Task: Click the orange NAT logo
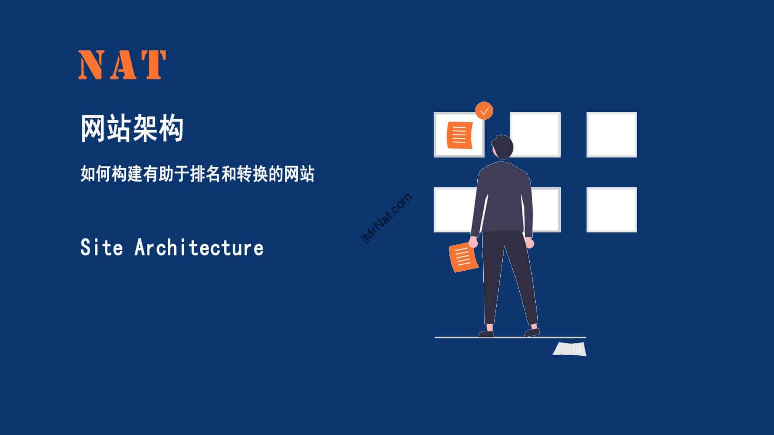pyautogui.click(x=122, y=64)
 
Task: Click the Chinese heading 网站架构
pyautogui.click(x=132, y=128)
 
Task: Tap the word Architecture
pyautogui.click(x=199, y=247)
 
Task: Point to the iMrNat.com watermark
pyautogui.click(x=386, y=219)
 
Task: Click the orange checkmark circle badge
pyautogui.click(x=484, y=111)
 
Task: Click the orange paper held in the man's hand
pyautogui.click(x=464, y=257)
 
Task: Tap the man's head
pyautogui.click(x=502, y=147)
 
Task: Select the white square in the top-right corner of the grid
pyautogui.click(x=612, y=135)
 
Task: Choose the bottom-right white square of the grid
pyautogui.click(x=612, y=210)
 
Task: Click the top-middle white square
pyautogui.click(x=535, y=135)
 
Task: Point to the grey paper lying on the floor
pyautogui.click(x=570, y=349)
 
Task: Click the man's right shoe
pyautogui.click(x=532, y=332)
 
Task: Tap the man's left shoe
pyautogui.click(x=486, y=334)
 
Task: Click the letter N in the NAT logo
pyautogui.click(x=92, y=64)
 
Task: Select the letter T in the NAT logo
pyautogui.click(x=153, y=64)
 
